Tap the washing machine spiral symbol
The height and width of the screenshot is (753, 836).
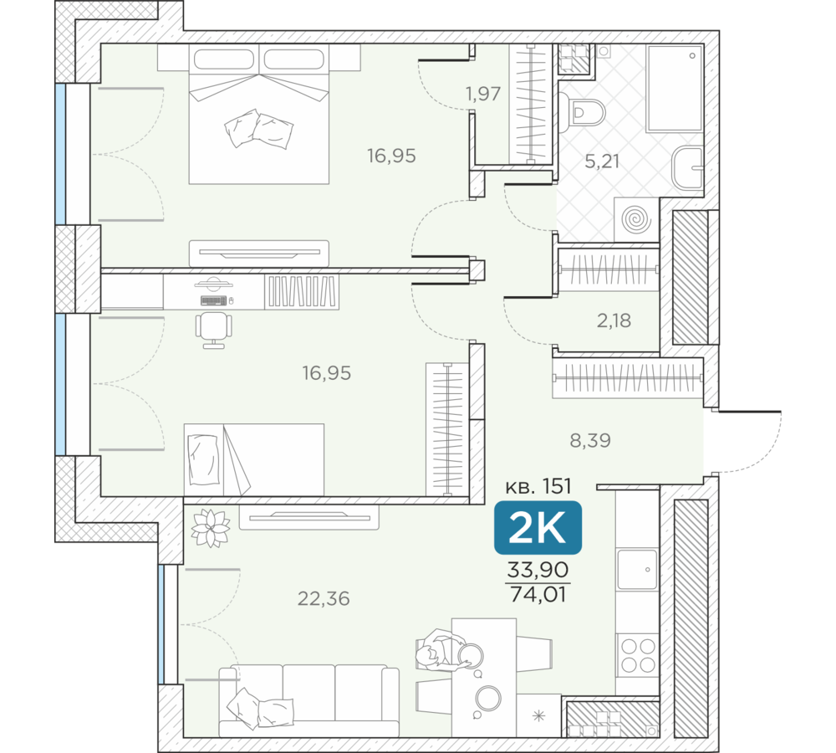pos(637,219)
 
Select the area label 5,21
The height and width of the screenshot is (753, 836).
pos(602,161)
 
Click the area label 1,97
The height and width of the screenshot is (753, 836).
pos(483,94)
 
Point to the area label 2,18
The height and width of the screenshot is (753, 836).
pos(614,320)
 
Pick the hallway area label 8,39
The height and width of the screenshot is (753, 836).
pos(590,440)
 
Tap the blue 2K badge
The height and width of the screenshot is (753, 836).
pos(538,528)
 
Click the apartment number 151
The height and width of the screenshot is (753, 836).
pos(557,486)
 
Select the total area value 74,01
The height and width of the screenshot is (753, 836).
pos(538,593)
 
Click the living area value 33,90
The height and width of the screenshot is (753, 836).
pos(538,570)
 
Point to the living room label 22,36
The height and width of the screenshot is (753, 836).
pos(324,598)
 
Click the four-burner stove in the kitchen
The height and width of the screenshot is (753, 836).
pos(638,656)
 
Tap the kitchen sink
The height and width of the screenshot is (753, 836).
pos(637,569)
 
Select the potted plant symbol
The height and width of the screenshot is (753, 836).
pos(211,528)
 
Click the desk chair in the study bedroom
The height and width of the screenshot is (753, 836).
pos(214,330)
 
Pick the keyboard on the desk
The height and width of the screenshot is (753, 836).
pos(214,300)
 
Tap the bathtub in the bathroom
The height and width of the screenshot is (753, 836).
pos(675,88)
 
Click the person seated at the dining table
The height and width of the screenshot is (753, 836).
pos(441,649)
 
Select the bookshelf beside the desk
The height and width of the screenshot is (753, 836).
pos(302,291)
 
